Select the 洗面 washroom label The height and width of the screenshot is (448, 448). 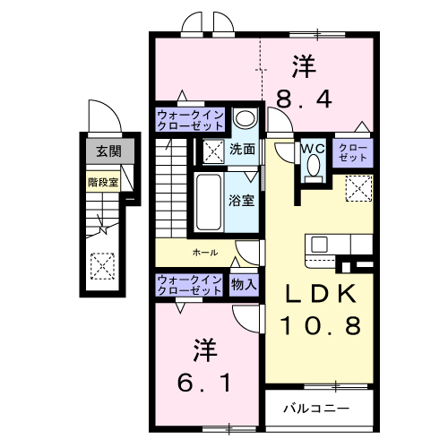coord(242,150)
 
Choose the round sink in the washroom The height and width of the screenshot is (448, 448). coord(243,120)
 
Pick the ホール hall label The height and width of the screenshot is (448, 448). coord(204,253)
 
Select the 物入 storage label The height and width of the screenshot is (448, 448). coord(243,285)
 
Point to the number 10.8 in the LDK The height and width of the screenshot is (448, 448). coord(323,325)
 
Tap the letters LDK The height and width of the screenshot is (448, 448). coord(323,294)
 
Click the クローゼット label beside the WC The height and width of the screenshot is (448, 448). coord(351,151)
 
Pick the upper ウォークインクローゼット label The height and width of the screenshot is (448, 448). coord(190,121)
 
